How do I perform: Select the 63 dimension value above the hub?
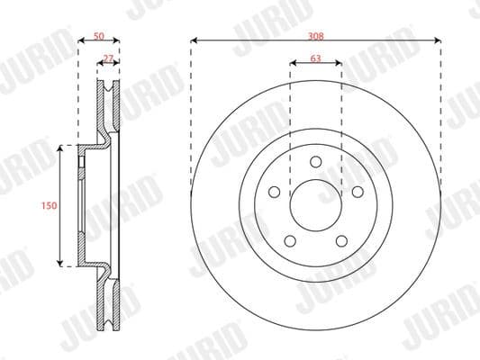(315, 58)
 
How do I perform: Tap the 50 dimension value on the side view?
(99, 35)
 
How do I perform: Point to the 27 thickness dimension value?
(109, 58)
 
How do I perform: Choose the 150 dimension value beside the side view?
(50, 205)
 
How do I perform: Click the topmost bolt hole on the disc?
(316, 161)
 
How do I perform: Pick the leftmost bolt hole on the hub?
(274, 192)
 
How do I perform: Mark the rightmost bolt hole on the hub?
(358, 192)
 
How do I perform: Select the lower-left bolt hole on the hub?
(290, 240)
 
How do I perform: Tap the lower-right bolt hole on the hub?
(341, 240)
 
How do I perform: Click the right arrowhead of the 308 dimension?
(438, 41)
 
